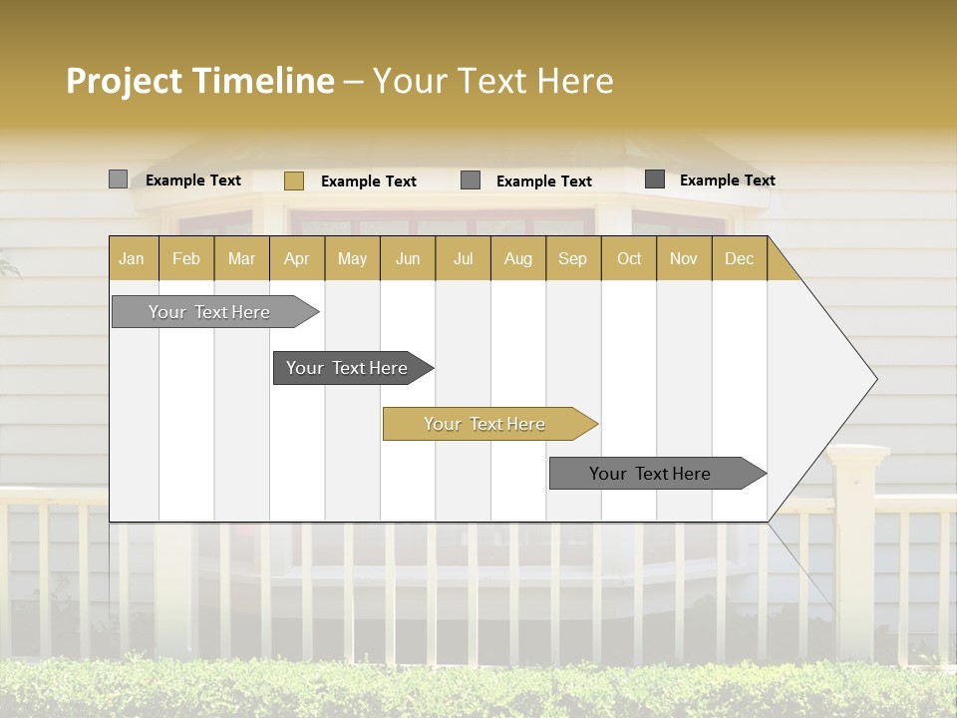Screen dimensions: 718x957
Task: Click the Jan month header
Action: point(132,258)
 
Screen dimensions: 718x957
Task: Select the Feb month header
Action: point(186,258)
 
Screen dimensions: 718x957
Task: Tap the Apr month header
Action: point(296,258)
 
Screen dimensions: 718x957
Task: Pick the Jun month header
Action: point(408,258)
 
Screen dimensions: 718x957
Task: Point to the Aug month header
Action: point(517,258)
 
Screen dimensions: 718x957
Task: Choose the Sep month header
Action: point(572,258)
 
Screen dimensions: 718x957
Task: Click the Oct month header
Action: point(629,258)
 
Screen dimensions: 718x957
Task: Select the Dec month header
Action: point(739,258)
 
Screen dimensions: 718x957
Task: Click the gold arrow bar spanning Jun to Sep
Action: point(484,424)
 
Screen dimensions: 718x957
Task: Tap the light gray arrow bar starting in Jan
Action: point(209,312)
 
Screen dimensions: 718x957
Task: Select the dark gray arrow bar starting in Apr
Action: point(347,368)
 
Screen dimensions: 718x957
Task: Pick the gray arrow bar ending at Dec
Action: point(650,474)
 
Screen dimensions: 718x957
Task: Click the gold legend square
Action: point(293,180)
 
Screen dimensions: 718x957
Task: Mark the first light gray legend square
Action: point(118,179)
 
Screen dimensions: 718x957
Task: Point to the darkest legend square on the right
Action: point(655,179)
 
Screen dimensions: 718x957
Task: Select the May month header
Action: point(352,258)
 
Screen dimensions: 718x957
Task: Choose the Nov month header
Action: point(684,258)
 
